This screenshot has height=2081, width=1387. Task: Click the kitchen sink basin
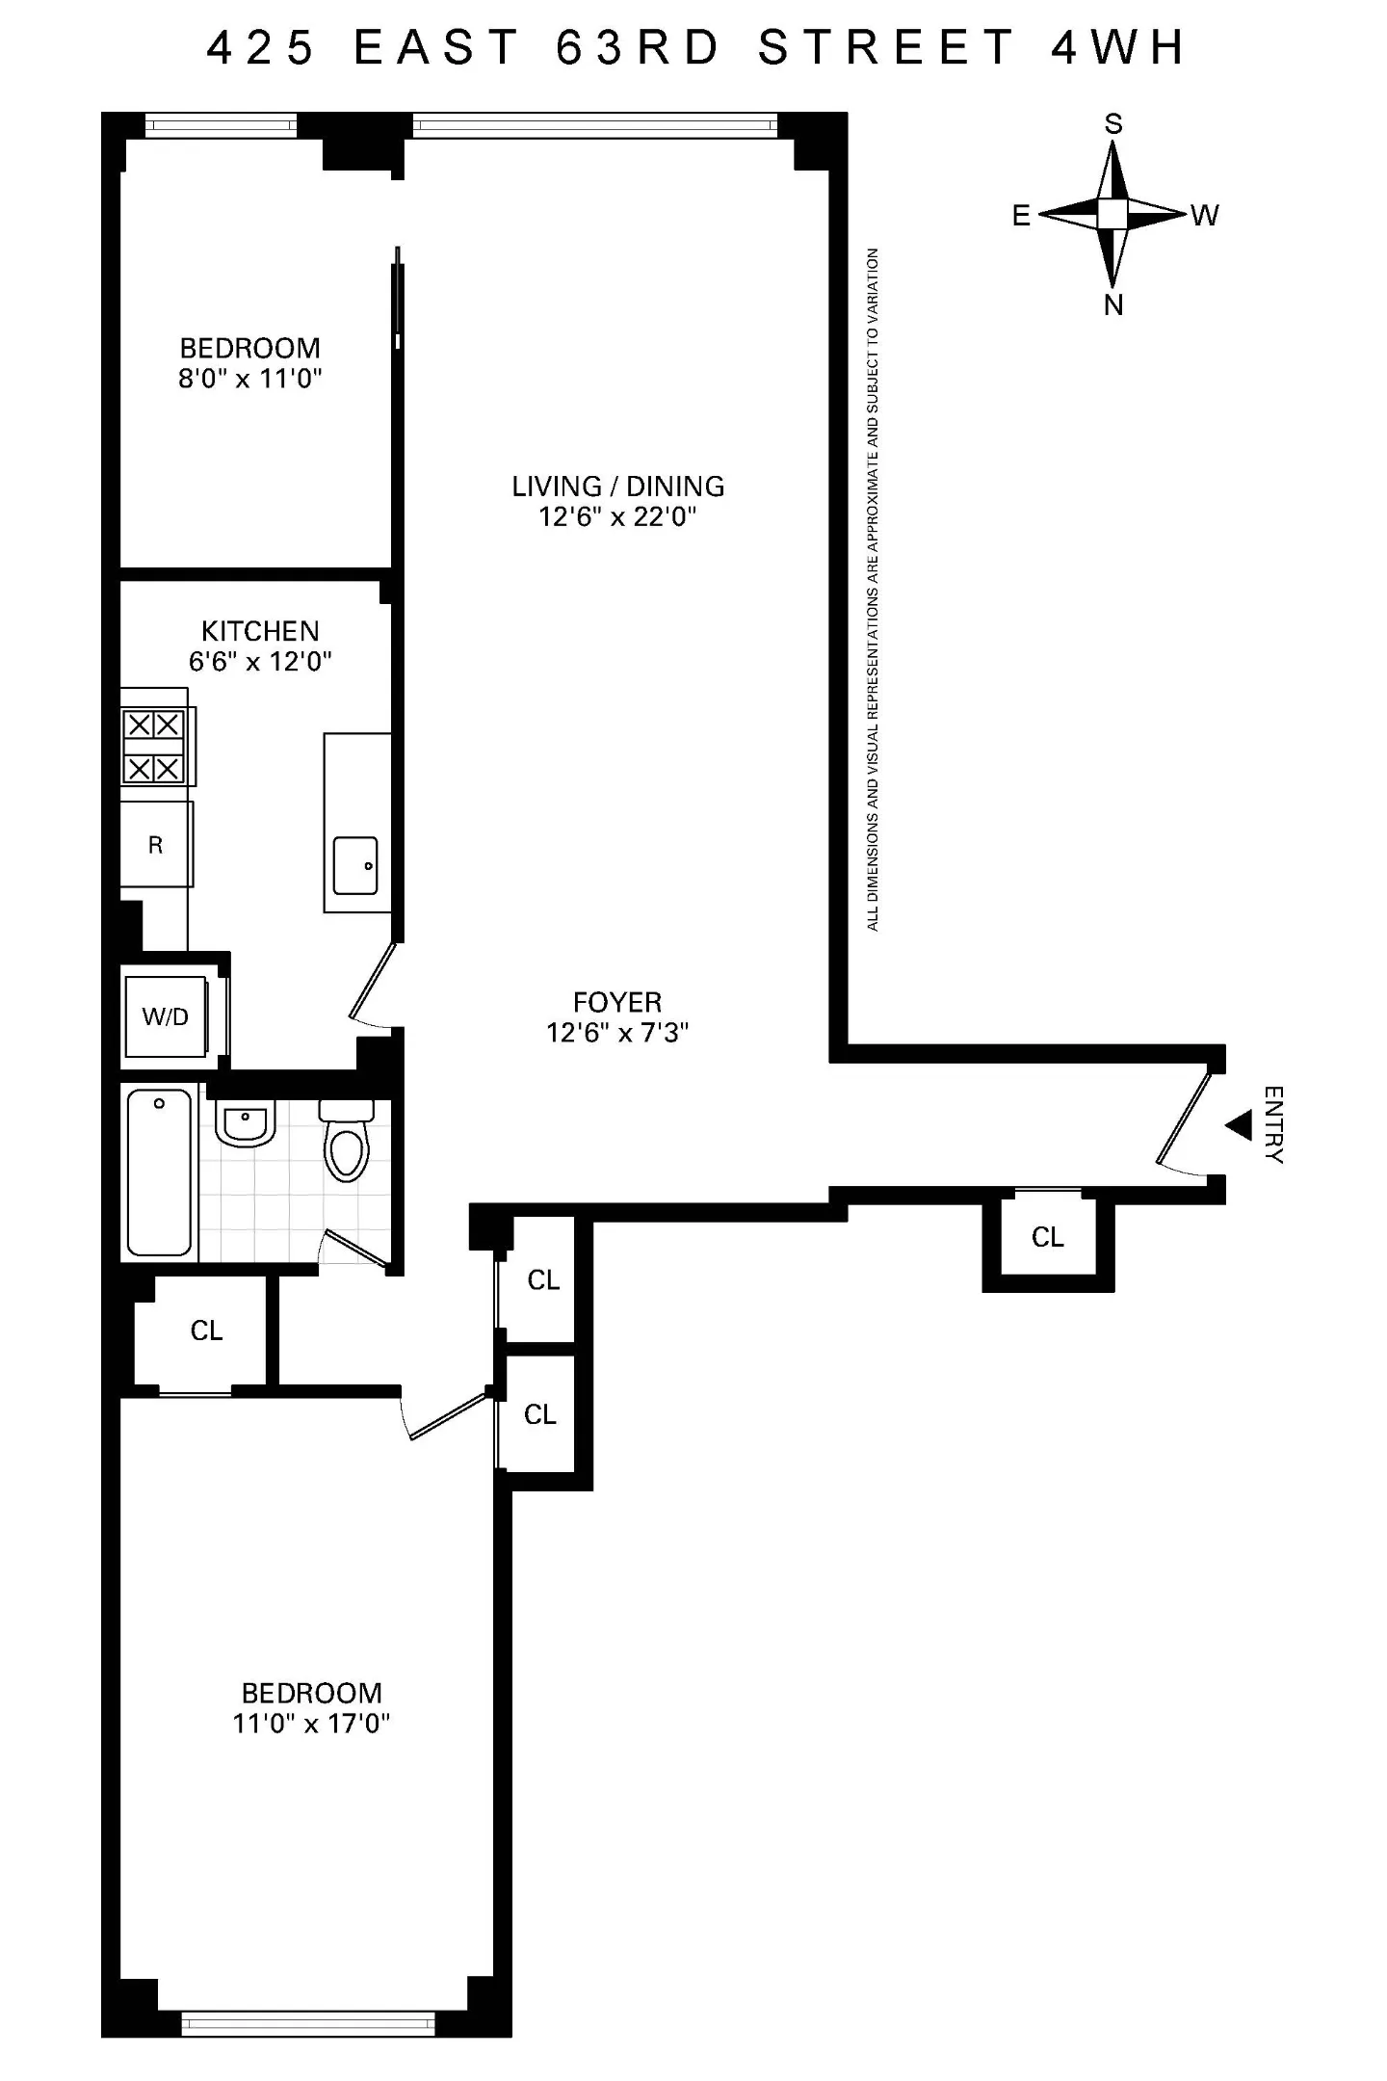355,865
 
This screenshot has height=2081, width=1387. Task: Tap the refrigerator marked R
156,845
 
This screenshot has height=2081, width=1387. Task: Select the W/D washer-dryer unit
166,1015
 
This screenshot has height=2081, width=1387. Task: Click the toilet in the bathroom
347,1141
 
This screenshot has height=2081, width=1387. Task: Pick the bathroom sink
246,1122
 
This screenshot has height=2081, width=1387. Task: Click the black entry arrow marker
1238,1124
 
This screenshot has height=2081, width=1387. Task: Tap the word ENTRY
1273,1125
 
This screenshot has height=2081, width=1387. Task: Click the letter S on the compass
1113,123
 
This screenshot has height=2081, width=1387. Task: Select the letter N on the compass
1113,305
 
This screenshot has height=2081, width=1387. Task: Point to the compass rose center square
1112,214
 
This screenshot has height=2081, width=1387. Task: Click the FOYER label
617,1002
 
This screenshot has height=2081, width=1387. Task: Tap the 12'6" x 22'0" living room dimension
617,517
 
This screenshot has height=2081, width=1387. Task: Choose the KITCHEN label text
260,631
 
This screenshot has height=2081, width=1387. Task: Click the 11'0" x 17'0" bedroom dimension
311,1724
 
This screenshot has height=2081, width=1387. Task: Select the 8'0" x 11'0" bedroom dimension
250,379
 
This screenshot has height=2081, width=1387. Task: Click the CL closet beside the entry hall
1048,1237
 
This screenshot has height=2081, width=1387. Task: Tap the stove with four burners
154,747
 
